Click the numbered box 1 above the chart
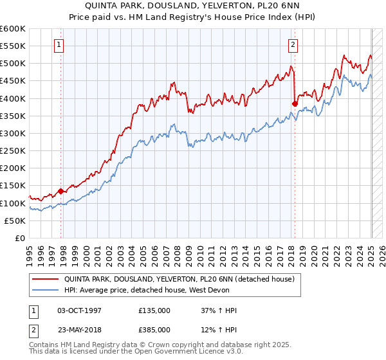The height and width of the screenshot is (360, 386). point(59,45)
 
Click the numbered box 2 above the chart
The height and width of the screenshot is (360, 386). point(293,45)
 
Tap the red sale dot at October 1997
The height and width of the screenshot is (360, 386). point(60,191)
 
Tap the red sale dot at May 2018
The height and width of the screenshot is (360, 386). point(295,104)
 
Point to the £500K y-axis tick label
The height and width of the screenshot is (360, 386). point(13,64)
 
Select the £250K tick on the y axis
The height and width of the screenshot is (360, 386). point(13,151)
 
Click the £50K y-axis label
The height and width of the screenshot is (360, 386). point(15,221)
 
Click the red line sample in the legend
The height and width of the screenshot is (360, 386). point(45,279)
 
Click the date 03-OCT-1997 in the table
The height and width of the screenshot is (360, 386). point(79,310)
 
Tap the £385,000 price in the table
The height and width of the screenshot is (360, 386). point(154,330)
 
